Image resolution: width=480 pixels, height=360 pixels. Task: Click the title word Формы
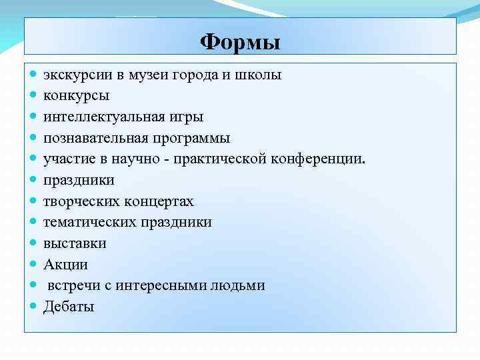tap(240, 43)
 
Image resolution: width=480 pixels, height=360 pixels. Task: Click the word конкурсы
tap(77, 95)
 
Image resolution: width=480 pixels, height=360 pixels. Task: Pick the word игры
tap(187, 117)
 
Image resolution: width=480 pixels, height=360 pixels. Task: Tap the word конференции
tap(319, 159)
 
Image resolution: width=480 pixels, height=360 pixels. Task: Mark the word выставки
tap(75, 243)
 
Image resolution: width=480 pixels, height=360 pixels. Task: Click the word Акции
tap(65, 265)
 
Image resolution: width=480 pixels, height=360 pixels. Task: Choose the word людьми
tap(241, 285)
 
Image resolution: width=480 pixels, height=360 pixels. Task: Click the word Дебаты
tap(69, 307)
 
